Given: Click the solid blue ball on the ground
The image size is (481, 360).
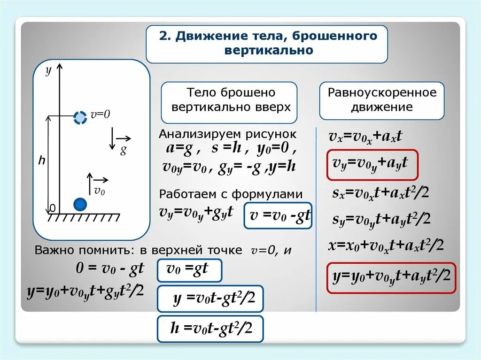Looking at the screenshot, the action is [x=80, y=204].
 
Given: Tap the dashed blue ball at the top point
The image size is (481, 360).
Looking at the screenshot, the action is [x=80, y=117].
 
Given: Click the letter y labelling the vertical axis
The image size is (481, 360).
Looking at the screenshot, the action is [x=47, y=70].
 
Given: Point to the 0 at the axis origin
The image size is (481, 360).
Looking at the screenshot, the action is [x=52, y=207].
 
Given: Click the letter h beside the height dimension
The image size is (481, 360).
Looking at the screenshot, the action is [x=42, y=161].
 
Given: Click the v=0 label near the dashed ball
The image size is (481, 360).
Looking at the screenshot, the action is [x=100, y=115].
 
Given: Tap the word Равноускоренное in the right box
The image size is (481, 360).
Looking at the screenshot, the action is [x=382, y=92].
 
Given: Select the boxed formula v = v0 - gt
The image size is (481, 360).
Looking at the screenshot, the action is [x=278, y=216].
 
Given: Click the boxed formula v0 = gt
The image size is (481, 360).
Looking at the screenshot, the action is [x=189, y=270].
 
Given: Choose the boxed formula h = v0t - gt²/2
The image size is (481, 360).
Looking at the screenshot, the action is [x=210, y=329].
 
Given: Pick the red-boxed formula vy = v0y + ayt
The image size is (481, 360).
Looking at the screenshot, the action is [x=372, y=164].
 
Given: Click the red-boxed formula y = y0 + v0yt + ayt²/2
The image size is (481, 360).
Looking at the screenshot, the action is [x=391, y=277].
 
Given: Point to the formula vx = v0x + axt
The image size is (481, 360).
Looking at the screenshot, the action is [x=365, y=137].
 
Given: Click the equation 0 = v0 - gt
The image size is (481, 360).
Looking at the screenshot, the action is [x=109, y=269].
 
